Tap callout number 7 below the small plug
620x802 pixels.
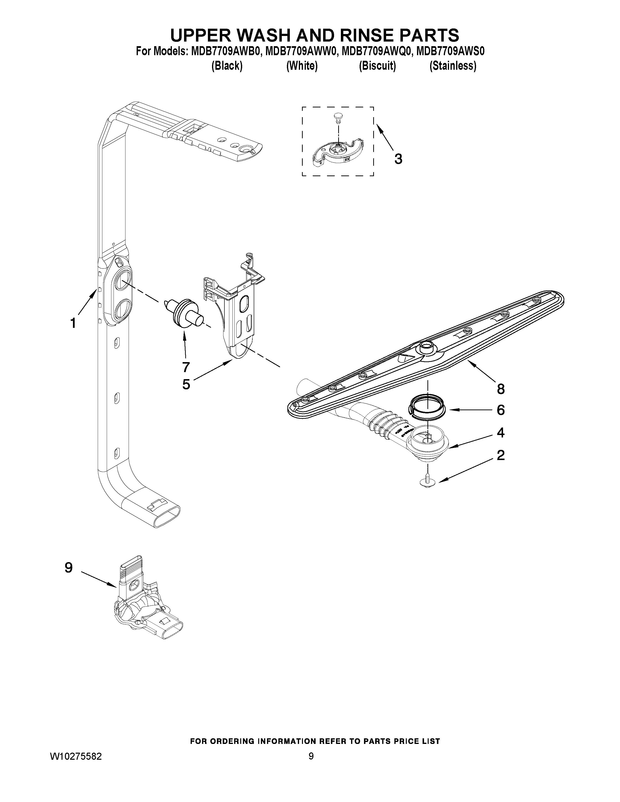[186, 366]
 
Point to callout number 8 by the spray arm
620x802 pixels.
[501, 389]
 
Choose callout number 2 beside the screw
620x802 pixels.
[501, 455]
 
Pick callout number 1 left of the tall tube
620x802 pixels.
[73, 323]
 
